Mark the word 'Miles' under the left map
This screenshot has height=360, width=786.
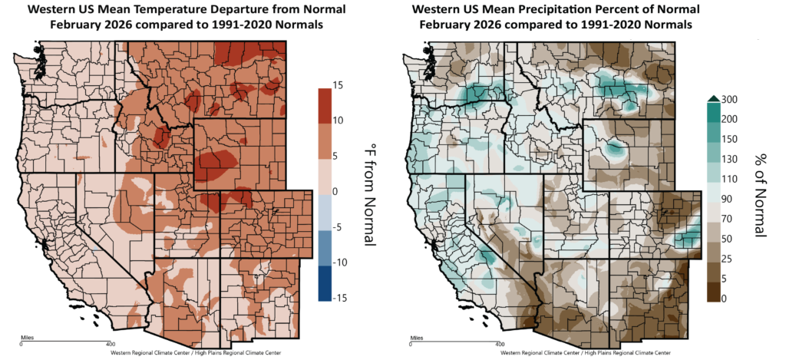27,336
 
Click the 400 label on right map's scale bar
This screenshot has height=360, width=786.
500,343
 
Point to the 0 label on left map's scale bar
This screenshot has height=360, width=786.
21,343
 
